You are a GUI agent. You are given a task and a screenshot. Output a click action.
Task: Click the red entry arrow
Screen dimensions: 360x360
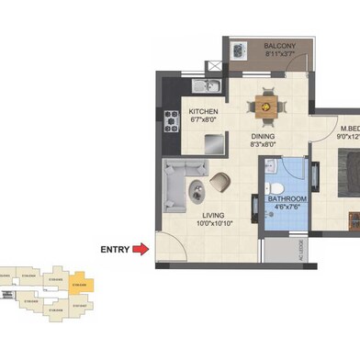pos(141,247)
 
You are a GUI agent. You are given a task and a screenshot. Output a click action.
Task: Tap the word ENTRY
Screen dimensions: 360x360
pos(114,247)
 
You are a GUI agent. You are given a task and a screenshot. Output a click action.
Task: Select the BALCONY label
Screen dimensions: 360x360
pos(278,46)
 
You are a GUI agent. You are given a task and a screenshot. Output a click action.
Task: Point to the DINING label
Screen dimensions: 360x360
pos(264,134)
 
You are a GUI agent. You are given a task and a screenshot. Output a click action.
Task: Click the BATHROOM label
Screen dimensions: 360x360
pos(287,199)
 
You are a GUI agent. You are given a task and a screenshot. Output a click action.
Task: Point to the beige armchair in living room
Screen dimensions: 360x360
pos(220,183)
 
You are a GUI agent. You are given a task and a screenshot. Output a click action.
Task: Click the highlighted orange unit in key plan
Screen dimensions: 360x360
pos(83,277)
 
